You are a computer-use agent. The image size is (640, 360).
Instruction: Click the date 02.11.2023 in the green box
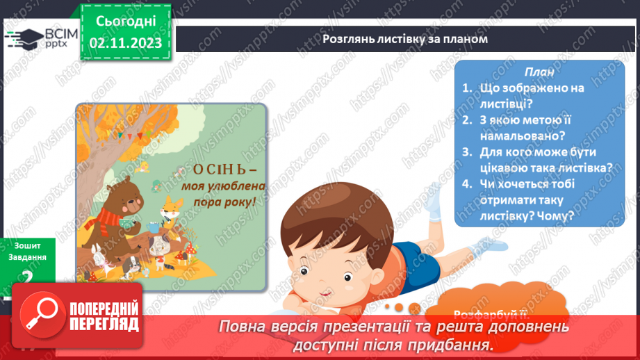[125, 43]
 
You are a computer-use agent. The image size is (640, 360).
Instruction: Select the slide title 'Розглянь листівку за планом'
[405, 39]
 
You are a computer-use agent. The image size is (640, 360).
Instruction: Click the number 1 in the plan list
[467, 88]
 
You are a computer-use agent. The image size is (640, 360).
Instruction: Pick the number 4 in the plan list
[467, 183]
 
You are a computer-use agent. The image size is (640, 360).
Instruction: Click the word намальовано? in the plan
[521, 136]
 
